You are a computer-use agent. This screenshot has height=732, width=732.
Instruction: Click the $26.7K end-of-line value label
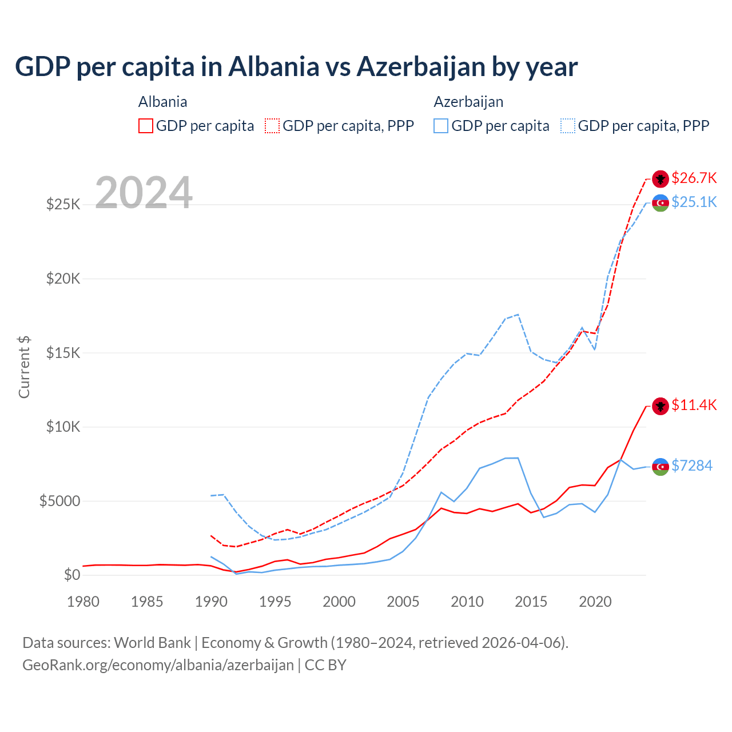tap(694, 178)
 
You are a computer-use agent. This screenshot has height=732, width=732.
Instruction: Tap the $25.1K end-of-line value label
tap(694, 202)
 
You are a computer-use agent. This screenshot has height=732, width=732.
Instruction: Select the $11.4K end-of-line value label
tap(694, 405)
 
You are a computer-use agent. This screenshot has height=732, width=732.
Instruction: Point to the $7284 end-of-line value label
tap(692, 466)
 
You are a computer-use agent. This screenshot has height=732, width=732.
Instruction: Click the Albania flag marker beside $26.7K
tap(661, 178)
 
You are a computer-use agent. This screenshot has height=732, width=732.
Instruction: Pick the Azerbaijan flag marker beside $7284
tap(661, 467)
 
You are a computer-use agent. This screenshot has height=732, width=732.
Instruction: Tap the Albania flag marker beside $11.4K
tap(661, 406)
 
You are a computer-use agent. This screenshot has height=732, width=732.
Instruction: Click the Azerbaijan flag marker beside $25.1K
tap(661, 203)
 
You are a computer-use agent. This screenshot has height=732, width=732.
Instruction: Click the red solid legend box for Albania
tap(146, 126)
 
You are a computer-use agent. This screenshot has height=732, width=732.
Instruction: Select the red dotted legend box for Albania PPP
tap(273, 126)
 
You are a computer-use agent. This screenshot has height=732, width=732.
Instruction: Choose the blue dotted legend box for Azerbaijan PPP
tap(568, 126)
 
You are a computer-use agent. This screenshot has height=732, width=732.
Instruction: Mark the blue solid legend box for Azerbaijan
tap(441, 126)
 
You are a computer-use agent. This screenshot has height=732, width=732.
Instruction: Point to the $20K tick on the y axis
tap(63, 279)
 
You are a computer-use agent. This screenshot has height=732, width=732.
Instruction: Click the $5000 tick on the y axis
tap(60, 501)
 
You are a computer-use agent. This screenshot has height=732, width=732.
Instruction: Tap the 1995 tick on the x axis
tap(275, 602)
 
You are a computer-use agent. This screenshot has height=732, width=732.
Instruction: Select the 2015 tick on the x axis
tap(531, 602)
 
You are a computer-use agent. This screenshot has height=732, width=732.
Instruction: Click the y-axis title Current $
tap(24, 367)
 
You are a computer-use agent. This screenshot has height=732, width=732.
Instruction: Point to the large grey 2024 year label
tap(144, 193)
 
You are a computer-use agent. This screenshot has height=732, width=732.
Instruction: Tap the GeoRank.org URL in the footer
tap(158, 665)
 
